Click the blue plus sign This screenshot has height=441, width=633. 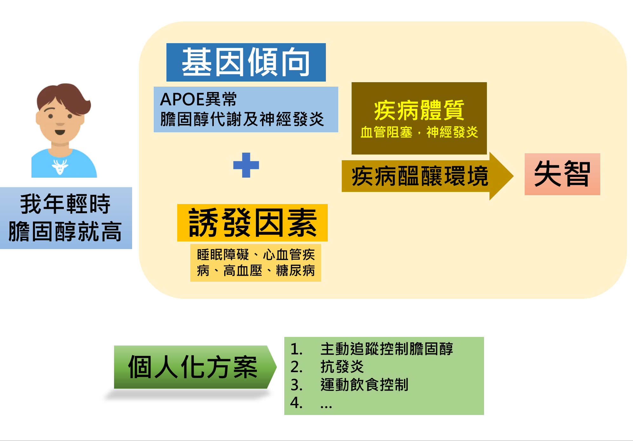[x=246, y=165]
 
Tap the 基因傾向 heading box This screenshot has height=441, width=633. [x=246, y=62]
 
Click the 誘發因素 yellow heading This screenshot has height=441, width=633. [x=253, y=223]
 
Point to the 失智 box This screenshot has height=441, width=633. [x=562, y=174]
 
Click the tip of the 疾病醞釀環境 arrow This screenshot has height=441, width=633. [x=513, y=176]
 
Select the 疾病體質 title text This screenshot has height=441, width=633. [x=419, y=110]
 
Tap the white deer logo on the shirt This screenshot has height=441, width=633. [x=60, y=167]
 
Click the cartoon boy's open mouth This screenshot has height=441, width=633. [x=60, y=132]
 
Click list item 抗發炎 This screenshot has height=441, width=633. [x=342, y=367]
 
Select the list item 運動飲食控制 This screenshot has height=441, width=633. [x=364, y=385]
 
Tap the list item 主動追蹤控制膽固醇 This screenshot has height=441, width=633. [x=387, y=349]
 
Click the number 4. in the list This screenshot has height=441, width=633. [x=296, y=403]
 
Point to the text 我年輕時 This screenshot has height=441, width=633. [x=65, y=204]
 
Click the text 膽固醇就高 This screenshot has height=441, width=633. [x=65, y=231]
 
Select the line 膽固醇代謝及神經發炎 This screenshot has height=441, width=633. [x=242, y=119]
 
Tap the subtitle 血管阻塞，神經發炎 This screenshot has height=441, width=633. [x=419, y=132]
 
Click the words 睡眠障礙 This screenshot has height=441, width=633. [x=223, y=255]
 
